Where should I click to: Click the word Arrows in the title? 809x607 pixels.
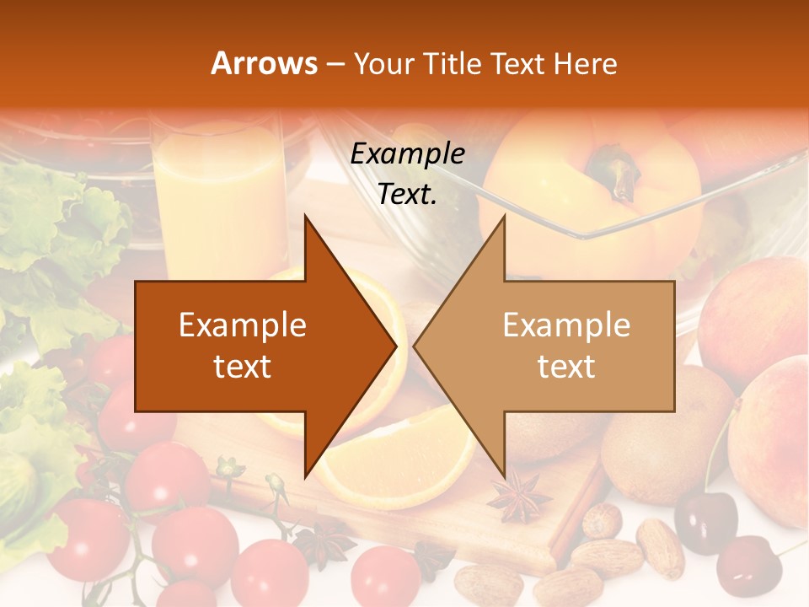click(264, 63)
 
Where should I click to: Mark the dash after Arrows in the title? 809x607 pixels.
click(334, 65)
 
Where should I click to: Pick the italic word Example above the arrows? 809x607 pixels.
click(408, 154)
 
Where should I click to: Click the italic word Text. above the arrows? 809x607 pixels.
click(408, 195)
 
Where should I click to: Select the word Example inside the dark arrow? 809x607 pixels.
click(243, 325)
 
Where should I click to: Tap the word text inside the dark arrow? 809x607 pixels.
click(243, 366)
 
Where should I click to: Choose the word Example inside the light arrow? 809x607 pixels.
click(566, 325)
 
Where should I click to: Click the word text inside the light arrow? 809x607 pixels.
click(566, 366)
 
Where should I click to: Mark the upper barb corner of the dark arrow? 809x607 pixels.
click(305, 216)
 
